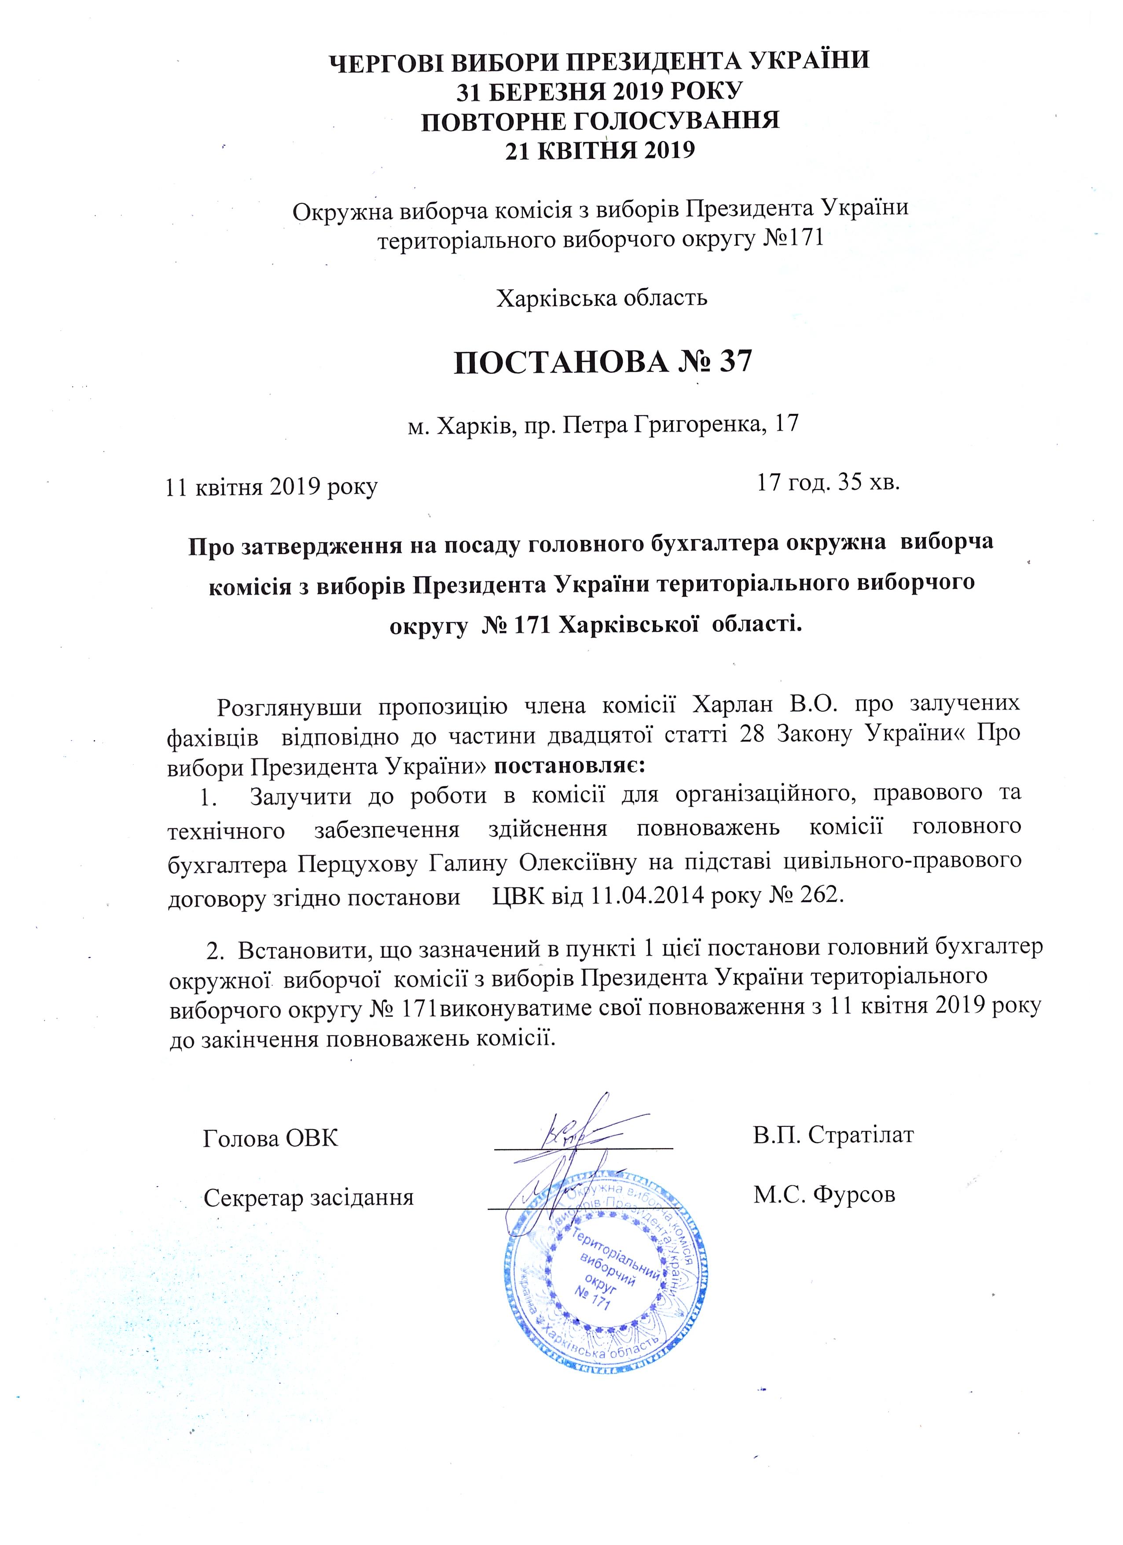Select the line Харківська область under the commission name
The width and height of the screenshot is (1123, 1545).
coord(602,298)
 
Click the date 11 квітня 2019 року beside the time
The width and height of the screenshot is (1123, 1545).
coord(272,487)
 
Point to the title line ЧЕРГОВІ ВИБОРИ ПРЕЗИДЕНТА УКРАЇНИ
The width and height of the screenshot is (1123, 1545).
coord(599,60)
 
